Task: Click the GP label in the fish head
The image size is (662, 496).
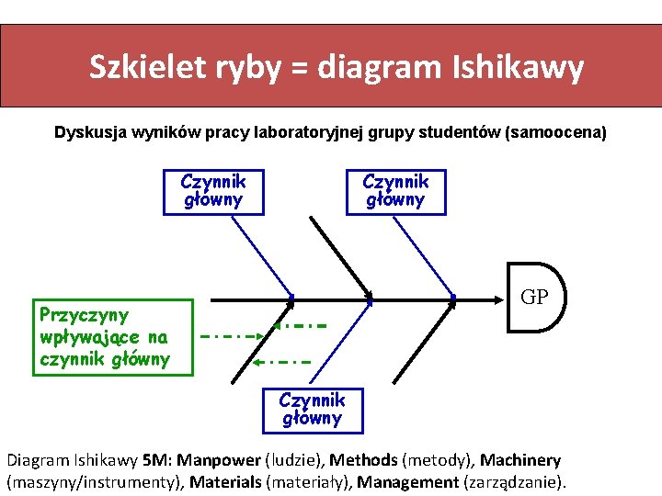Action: point(534,298)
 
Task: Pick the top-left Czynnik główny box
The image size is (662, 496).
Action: point(213,191)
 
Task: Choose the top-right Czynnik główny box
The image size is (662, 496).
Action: point(395,191)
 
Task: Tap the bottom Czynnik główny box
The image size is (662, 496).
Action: point(312,410)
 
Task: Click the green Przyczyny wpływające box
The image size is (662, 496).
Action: point(113,336)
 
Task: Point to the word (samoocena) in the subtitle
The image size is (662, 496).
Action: point(555,132)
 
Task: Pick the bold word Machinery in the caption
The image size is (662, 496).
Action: point(519,459)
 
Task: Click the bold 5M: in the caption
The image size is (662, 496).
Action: point(154,459)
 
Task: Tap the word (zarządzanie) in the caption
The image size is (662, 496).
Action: point(516,481)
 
